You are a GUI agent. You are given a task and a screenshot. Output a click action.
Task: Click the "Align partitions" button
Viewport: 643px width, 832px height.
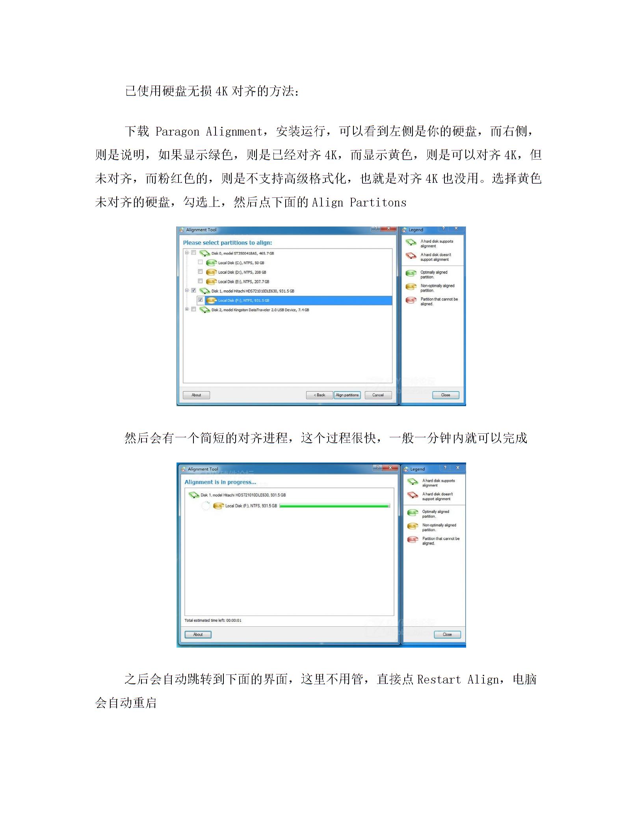point(347,395)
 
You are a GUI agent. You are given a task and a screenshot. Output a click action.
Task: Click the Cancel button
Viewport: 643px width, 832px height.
point(378,395)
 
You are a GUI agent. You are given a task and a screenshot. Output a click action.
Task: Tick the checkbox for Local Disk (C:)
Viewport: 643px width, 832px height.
point(201,262)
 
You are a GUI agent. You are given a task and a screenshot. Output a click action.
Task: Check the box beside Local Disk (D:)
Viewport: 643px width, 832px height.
point(201,272)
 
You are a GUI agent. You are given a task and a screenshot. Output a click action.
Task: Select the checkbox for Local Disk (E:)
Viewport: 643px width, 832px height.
point(201,281)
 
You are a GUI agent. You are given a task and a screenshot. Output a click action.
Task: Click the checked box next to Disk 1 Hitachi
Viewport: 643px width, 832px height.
point(194,291)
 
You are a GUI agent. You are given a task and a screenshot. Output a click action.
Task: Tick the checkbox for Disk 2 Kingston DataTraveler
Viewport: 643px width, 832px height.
point(194,310)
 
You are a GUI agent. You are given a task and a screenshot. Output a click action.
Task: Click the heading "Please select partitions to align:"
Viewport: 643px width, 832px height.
point(227,243)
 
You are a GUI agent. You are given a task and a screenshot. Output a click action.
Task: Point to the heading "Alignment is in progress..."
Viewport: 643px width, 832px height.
point(220,482)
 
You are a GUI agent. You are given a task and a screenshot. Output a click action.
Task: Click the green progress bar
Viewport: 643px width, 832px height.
point(335,506)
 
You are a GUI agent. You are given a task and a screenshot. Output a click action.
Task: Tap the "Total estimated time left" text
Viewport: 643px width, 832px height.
point(213,620)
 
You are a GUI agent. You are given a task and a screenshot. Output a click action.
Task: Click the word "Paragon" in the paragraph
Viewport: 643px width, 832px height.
point(177,132)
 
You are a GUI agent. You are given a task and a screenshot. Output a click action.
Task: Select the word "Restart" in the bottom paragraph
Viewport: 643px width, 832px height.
point(439,680)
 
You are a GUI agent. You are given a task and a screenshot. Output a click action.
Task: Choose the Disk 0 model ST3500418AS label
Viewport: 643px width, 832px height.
point(242,253)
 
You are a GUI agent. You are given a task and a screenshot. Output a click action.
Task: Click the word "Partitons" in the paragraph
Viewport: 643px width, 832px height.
point(378,202)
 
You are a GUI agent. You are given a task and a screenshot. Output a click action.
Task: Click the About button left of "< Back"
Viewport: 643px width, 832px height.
point(196,395)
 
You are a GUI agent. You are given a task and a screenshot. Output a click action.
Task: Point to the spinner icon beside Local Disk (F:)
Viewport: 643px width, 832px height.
point(206,506)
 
